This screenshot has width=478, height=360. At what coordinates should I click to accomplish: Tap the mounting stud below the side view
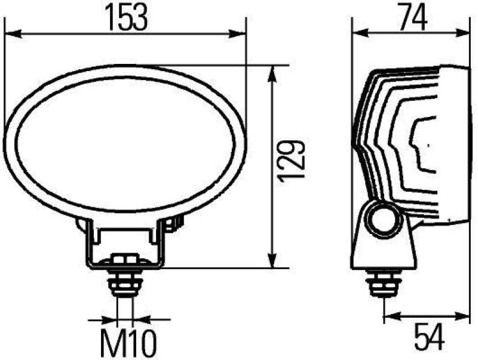[384, 283]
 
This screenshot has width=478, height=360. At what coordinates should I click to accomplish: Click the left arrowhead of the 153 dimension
[12, 35]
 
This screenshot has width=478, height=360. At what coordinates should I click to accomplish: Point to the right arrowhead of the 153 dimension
[240, 35]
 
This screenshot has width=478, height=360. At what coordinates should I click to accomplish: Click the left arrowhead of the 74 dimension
[358, 35]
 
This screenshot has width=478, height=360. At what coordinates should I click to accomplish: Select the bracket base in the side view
[384, 251]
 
